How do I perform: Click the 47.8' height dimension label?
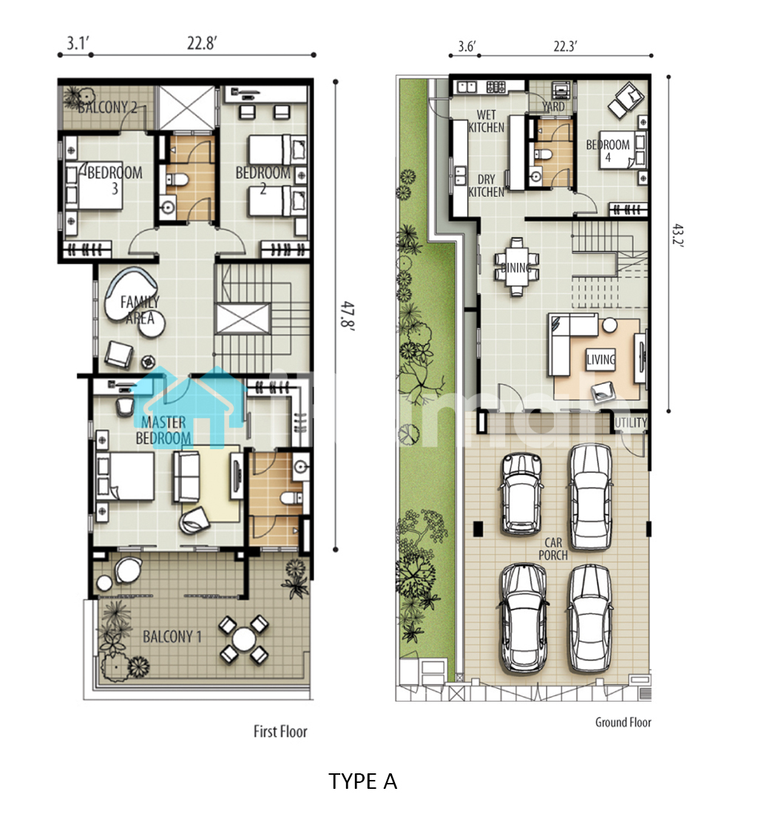click(x=348, y=314)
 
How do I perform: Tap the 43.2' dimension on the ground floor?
click(x=678, y=236)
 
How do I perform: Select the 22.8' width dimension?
click(x=202, y=43)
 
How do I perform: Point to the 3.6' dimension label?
click(x=467, y=46)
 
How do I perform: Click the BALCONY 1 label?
click(x=172, y=636)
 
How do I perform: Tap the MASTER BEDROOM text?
click(x=163, y=431)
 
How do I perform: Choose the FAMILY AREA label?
click(x=140, y=309)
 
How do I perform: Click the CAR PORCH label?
click(x=553, y=549)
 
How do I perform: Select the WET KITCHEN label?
click(x=487, y=121)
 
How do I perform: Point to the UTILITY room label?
click(x=631, y=423)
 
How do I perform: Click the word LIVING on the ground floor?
click(x=601, y=359)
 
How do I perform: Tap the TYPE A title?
click(x=362, y=781)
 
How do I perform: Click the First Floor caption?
click(x=280, y=731)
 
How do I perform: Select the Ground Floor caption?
click(x=623, y=722)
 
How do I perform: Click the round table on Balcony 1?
click(x=243, y=639)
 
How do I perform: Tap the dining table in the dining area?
click(x=516, y=267)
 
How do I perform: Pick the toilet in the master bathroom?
click(x=291, y=498)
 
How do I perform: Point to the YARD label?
click(x=553, y=107)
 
